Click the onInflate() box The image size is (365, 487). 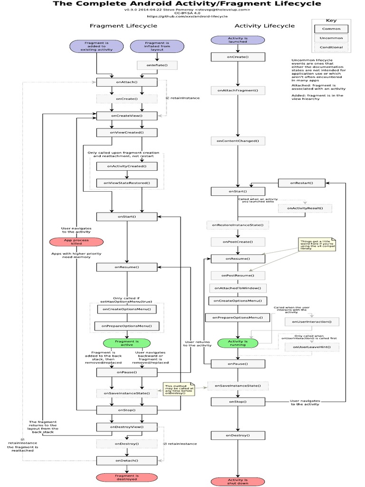[x=154, y=64]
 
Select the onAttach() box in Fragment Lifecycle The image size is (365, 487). [x=126, y=82]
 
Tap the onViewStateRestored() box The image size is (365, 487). [x=126, y=183]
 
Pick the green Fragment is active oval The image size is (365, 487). [x=126, y=343]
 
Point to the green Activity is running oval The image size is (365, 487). [x=238, y=343]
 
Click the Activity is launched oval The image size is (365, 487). [x=238, y=39]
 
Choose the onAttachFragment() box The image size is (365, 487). [x=238, y=90]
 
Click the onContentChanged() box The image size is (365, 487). [x=238, y=141]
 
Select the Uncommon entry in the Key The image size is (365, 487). [x=331, y=38]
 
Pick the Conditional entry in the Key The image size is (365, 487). [x=331, y=48]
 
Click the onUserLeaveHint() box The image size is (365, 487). [x=312, y=347]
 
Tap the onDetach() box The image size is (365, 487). [x=126, y=460]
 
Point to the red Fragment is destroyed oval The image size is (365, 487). [x=126, y=477]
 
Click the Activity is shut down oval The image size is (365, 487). [x=238, y=482]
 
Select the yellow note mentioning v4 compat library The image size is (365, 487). [x=317, y=244]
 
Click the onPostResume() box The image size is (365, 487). [x=238, y=275]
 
